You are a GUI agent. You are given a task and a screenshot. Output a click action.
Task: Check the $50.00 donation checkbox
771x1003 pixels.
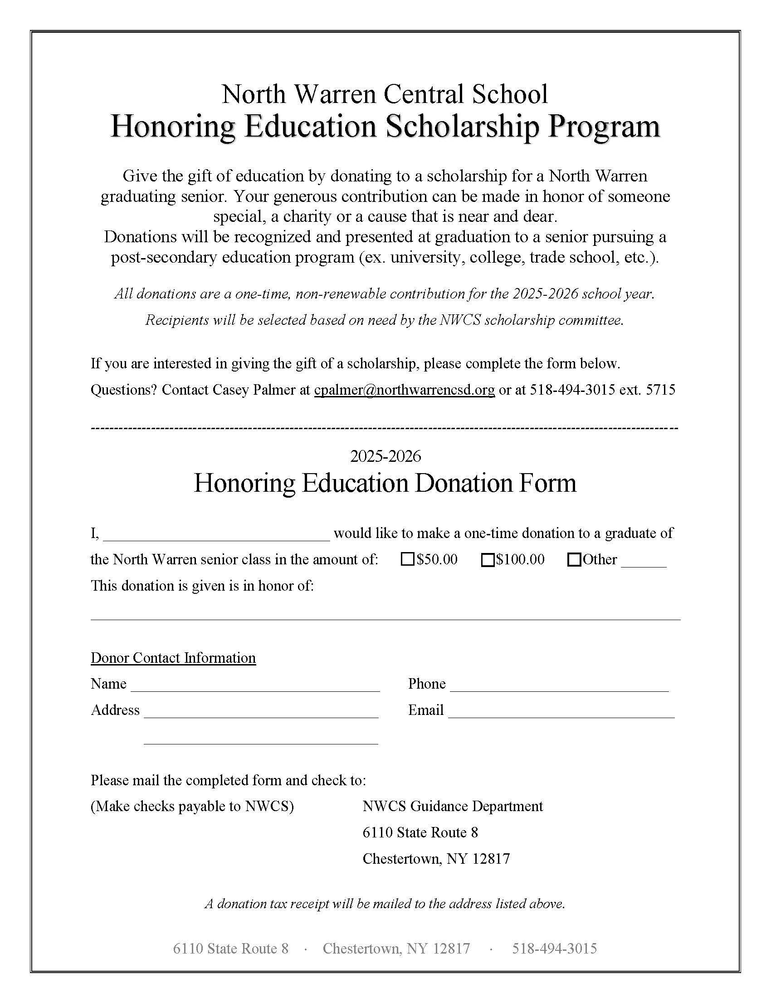408,560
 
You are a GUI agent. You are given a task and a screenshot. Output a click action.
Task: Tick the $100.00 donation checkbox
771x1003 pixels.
488,560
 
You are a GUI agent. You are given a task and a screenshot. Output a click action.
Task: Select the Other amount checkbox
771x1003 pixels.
574,560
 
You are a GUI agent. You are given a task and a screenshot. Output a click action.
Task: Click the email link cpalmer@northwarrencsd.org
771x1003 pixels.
404,390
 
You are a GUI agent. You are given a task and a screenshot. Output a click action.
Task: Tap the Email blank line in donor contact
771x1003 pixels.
561,712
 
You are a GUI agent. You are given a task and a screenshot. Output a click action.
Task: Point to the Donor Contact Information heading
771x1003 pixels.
173,658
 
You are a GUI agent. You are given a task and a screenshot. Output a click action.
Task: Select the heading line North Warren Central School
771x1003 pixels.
385,94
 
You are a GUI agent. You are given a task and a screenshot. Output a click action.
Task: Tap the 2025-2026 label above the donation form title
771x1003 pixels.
385,456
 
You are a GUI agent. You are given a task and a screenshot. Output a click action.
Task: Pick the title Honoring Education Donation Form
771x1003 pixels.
385,484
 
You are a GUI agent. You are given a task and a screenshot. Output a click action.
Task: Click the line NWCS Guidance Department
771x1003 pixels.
453,806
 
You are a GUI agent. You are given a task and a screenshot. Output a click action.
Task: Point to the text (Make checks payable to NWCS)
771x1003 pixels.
192,806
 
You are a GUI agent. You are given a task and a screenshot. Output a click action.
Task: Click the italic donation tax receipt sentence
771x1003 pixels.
385,903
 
